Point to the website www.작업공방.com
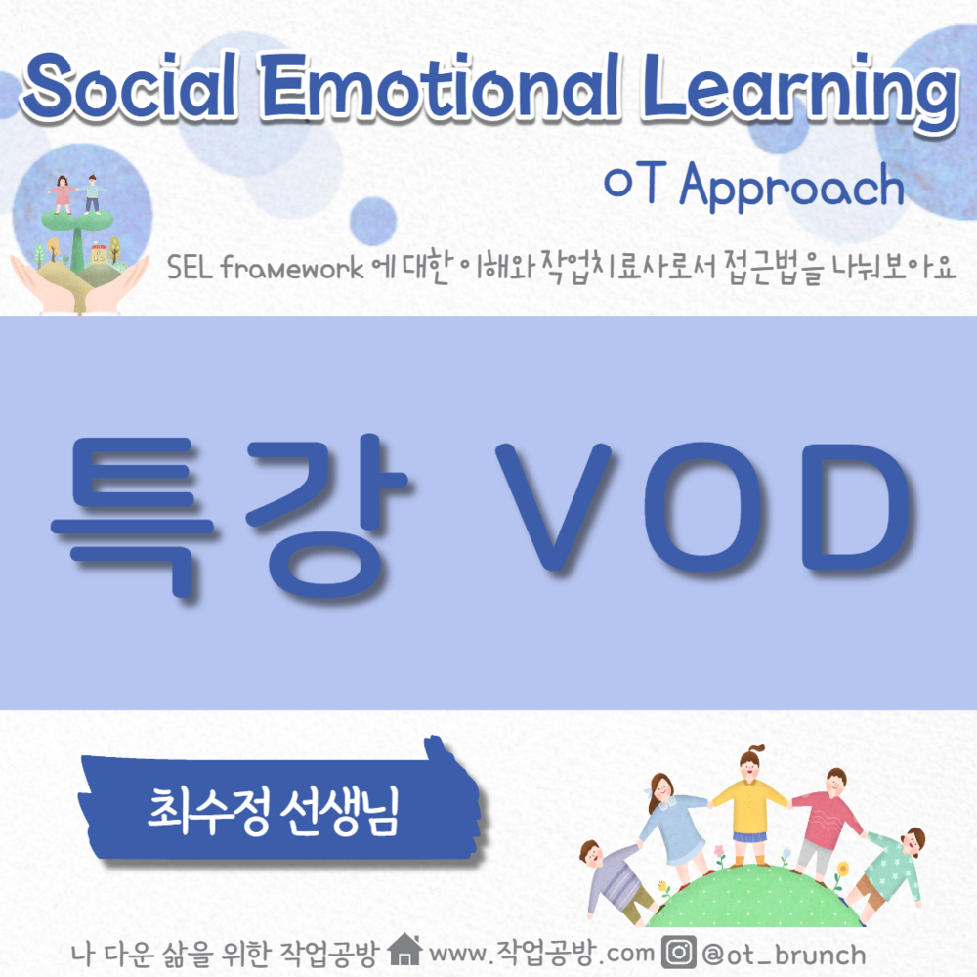[543, 952]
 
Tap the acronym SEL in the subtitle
[190, 267]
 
